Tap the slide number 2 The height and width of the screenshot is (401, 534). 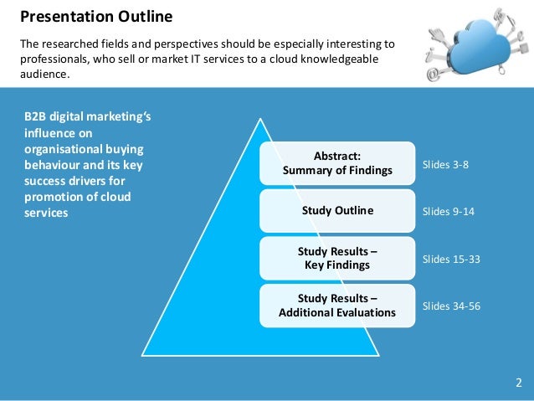(518, 383)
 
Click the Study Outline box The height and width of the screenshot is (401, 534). (336, 211)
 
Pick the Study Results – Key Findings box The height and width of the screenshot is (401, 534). (336, 258)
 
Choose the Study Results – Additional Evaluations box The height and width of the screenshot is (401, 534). (336, 306)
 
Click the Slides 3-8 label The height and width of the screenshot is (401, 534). (445, 164)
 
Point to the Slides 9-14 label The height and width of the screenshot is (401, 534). (448, 211)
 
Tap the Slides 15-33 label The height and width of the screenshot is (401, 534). (451, 259)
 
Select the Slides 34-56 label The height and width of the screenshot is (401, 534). (451, 306)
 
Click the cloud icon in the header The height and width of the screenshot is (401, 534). (477, 42)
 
